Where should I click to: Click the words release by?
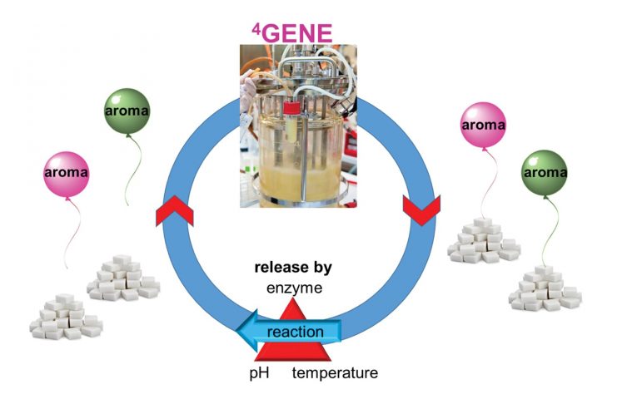(x=293, y=269)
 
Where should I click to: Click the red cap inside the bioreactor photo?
(x=291, y=111)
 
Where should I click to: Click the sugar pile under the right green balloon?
(x=545, y=288)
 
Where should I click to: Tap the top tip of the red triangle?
(x=293, y=298)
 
